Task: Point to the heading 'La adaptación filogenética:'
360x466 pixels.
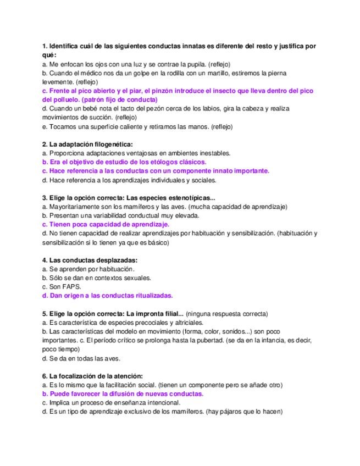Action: tap(87, 145)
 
